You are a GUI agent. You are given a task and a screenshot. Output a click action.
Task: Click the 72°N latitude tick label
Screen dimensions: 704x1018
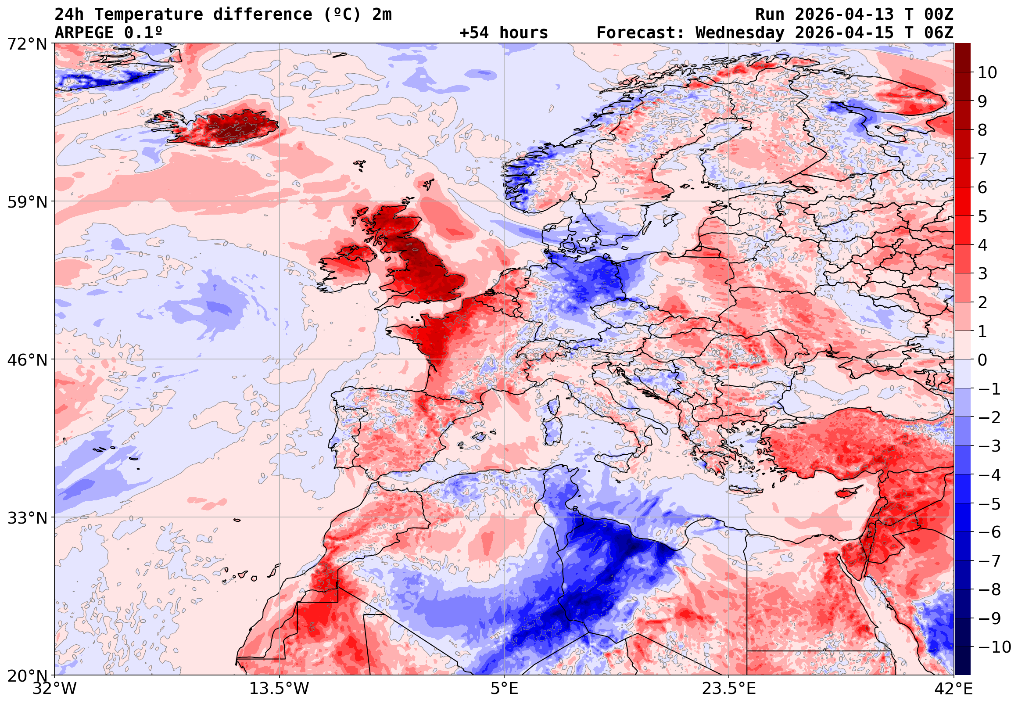[27, 43]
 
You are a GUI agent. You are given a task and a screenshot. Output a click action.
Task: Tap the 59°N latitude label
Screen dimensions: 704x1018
[27, 201]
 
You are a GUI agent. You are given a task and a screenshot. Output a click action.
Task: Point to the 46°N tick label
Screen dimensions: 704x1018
[27, 359]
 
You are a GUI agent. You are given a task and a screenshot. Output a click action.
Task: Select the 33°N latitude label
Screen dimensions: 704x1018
[27, 517]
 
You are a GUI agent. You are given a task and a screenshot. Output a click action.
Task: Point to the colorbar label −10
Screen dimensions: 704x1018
[995, 647]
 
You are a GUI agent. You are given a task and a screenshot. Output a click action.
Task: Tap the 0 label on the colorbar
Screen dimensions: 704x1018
[982, 360]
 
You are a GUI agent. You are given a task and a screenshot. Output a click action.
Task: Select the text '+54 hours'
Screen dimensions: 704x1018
[503, 33]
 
